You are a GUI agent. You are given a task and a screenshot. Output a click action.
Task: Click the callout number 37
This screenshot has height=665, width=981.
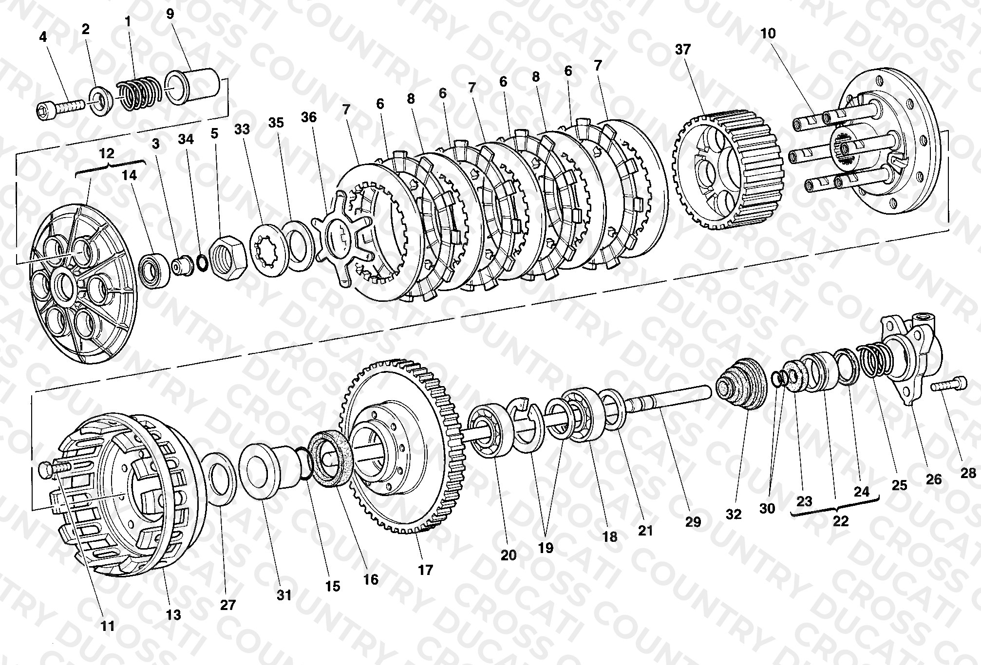coord(683,49)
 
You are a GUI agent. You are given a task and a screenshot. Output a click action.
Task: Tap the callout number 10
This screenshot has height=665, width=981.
coord(768,34)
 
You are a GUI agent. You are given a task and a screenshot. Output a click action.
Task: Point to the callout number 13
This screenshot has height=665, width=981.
coord(173,615)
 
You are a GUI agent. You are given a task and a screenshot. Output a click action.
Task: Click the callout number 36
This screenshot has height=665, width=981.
coord(309,117)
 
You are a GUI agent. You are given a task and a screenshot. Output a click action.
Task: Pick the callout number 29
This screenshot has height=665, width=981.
coord(693,522)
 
